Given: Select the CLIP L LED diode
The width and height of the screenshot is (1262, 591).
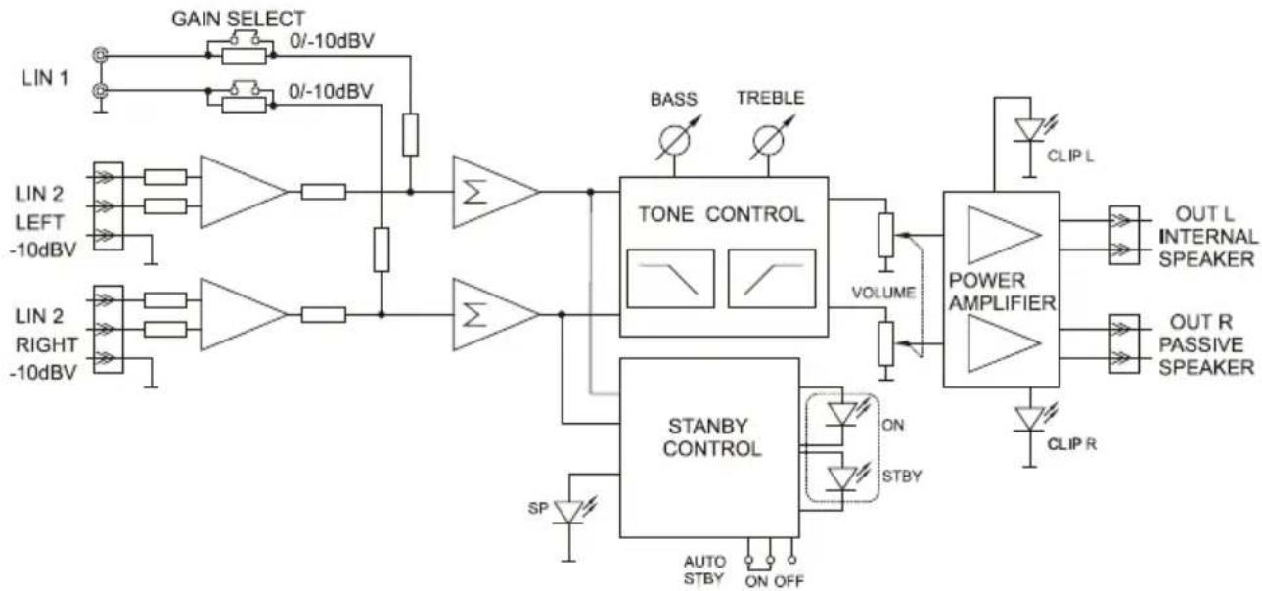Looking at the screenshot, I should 1027,131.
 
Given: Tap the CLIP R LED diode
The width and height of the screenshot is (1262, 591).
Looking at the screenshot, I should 1027,418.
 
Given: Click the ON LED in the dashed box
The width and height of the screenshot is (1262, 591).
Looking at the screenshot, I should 841,415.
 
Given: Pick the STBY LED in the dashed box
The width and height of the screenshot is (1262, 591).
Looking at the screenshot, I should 841,478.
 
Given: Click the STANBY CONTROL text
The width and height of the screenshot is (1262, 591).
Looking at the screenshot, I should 712,437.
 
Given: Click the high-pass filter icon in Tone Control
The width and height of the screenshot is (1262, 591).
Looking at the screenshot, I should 772,278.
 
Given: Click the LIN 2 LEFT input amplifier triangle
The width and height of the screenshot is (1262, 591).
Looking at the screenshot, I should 243,192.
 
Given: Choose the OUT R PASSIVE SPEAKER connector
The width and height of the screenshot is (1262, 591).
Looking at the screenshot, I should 1123,346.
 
